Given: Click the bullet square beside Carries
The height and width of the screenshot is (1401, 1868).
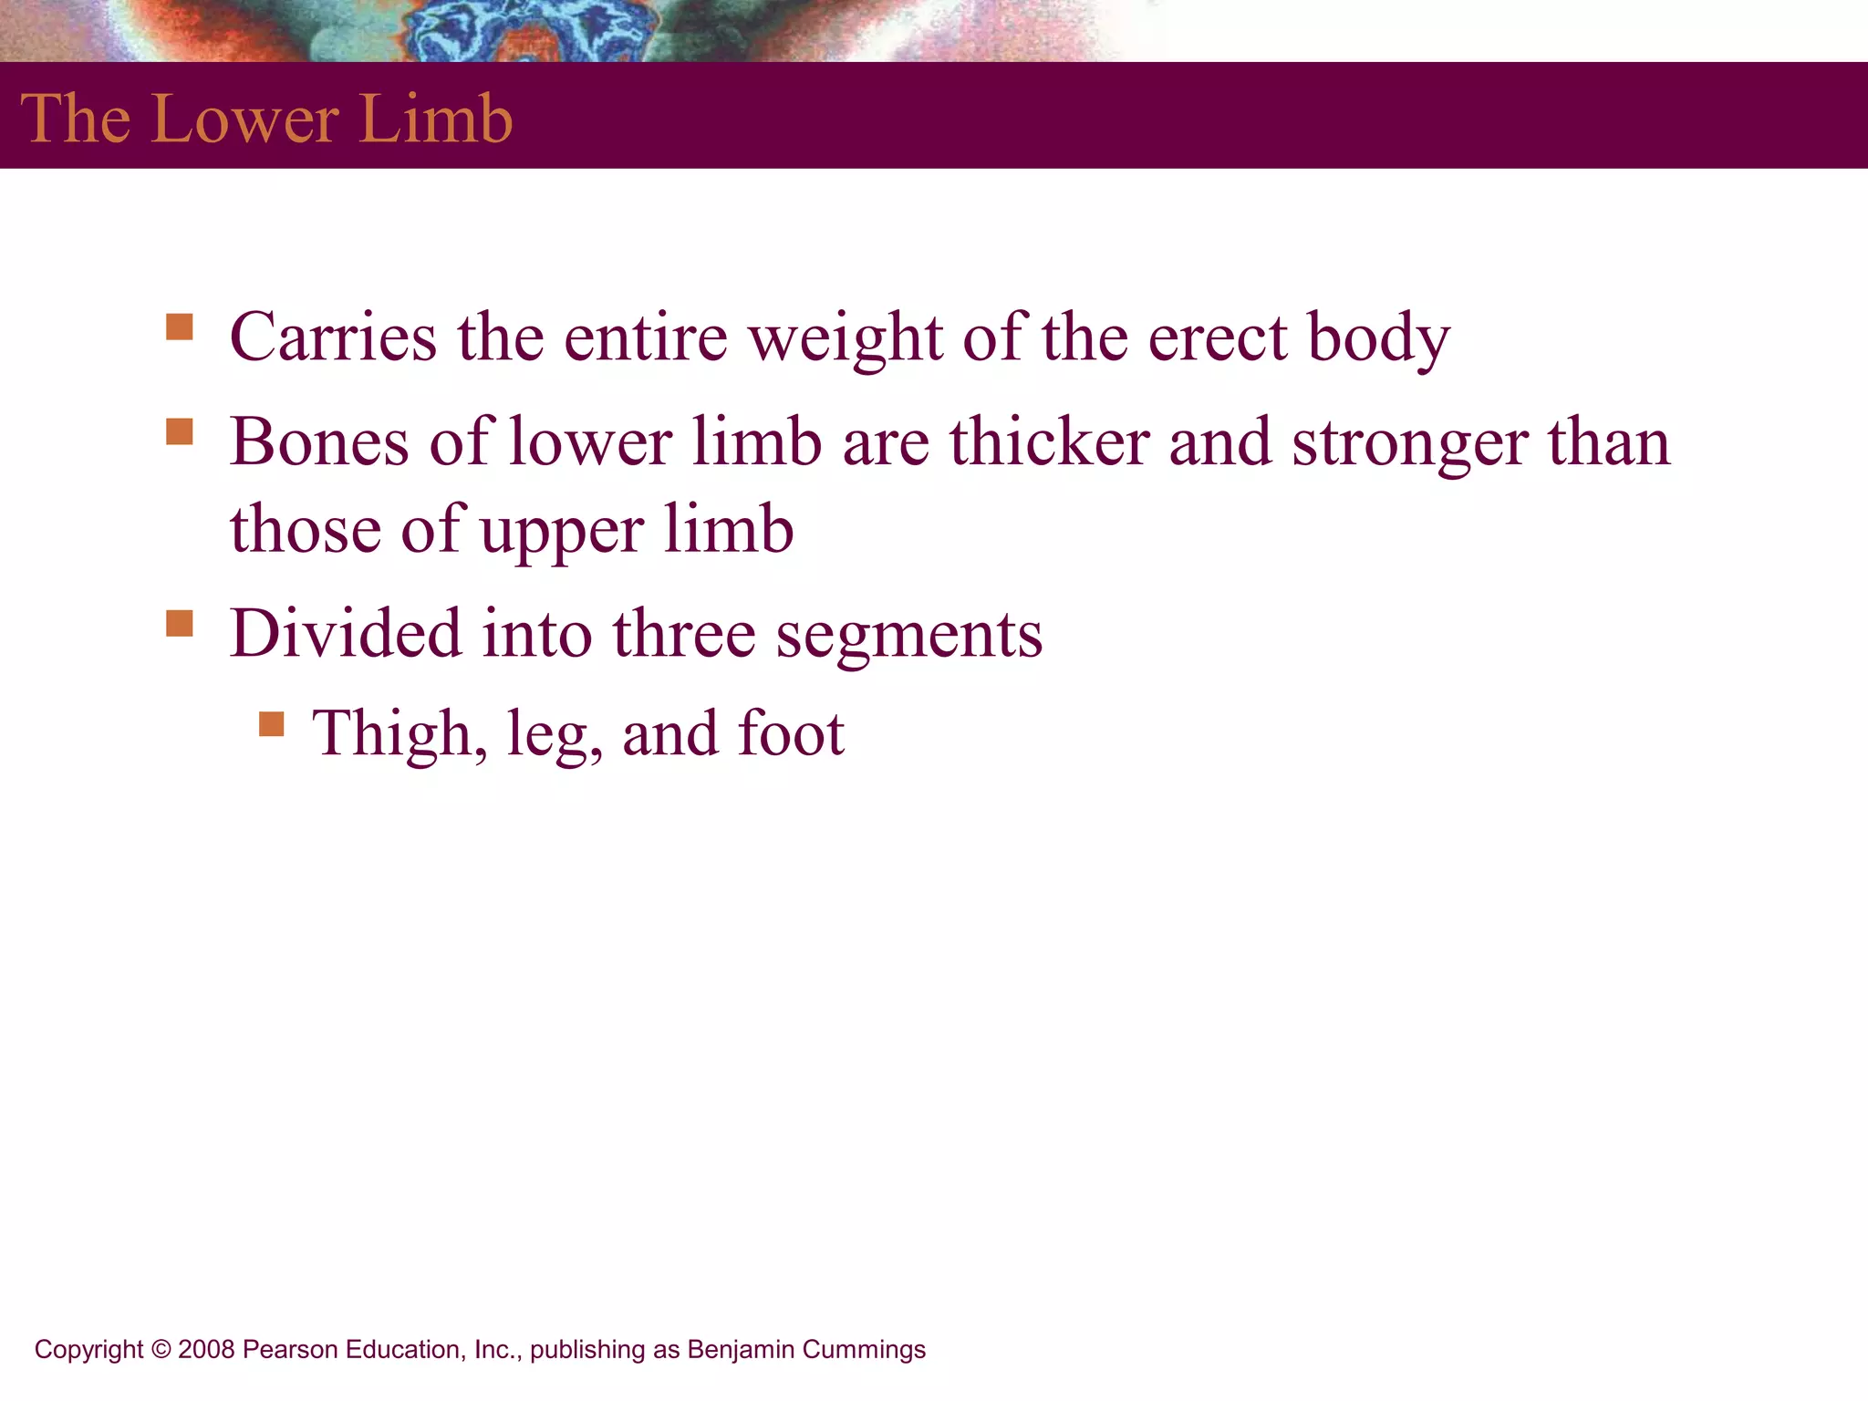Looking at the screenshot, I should point(180,327).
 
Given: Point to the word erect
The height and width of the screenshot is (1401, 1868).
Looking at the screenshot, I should point(1217,338).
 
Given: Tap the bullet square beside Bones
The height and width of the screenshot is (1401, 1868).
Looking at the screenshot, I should point(180,431).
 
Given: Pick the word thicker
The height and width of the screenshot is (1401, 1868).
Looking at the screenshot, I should point(1049,442).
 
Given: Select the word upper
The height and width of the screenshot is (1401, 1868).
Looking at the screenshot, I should point(562,531).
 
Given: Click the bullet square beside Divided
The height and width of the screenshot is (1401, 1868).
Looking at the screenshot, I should point(180,624).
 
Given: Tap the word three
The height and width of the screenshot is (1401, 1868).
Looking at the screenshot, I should point(683,634).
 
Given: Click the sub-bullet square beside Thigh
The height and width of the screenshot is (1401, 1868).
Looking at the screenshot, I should point(272,724).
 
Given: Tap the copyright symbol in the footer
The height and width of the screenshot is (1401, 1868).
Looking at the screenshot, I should point(161,1349).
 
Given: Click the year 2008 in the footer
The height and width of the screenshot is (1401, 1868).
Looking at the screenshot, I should point(206,1349).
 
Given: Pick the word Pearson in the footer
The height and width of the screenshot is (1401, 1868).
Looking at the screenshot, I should point(290,1349).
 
